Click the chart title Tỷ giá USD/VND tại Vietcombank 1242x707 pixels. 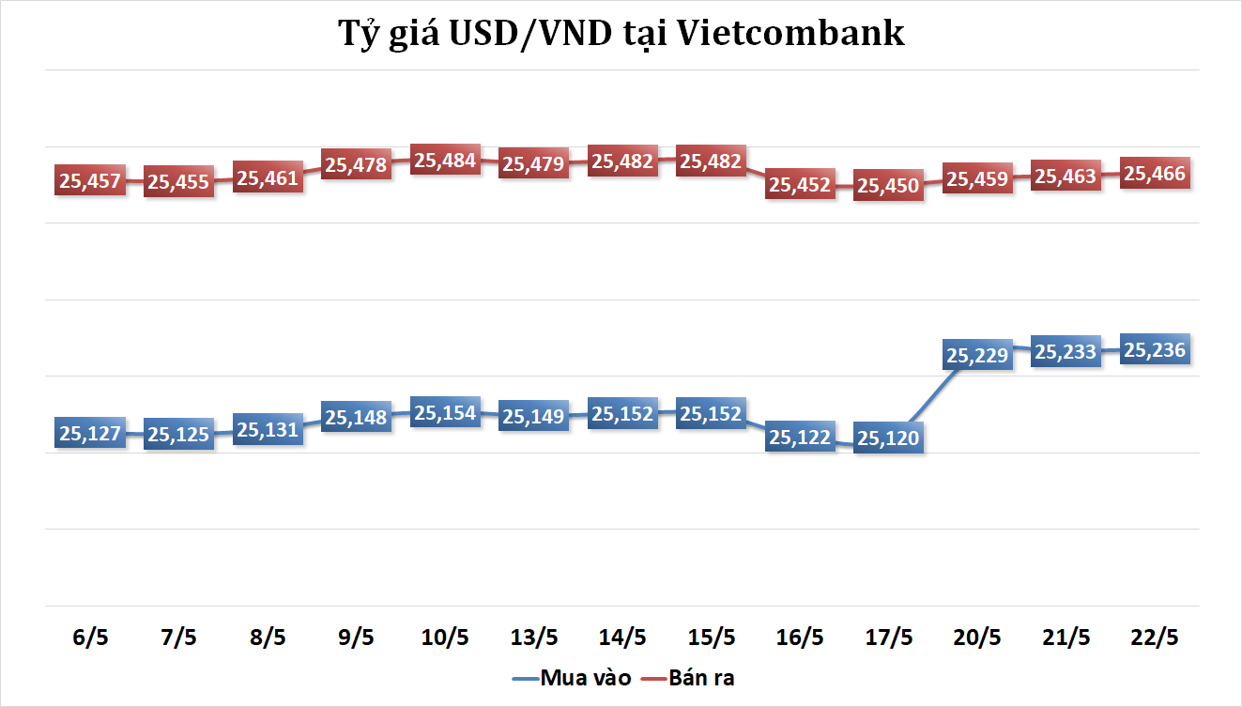click(x=621, y=34)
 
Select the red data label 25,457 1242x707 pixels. click(x=90, y=180)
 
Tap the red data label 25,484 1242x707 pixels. click(x=445, y=161)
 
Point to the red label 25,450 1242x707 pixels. click(x=889, y=186)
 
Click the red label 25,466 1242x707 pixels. click(x=1156, y=174)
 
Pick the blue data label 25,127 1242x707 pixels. click(x=90, y=433)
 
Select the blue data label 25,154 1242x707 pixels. click(x=445, y=413)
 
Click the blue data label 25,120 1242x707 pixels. click(x=889, y=438)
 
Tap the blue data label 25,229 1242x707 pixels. click(x=977, y=356)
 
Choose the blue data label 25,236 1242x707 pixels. click(x=1156, y=350)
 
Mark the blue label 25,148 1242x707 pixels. click(x=357, y=417)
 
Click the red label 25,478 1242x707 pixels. click(x=357, y=164)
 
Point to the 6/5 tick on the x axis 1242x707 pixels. click(x=90, y=638)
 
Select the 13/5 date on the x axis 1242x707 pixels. click(x=533, y=638)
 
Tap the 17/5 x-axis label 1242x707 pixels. click(x=889, y=638)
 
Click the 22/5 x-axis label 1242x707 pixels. click(x=1156, y=638)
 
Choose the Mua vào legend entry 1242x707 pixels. click(x=573, y=678)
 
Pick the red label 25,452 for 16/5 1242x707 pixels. click(x=800, y=185)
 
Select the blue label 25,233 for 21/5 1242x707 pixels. click(x=1066, y=352)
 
